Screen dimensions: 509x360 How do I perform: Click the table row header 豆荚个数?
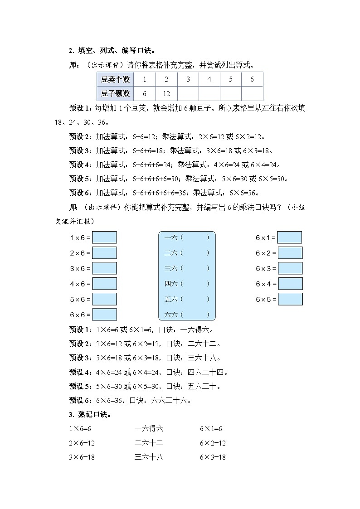(115, 79)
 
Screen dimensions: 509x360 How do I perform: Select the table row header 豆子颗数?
(115, 93)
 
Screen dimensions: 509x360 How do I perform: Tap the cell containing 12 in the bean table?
(166, 93)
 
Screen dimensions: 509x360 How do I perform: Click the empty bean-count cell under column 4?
(209, 93)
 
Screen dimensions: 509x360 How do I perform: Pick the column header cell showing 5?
(231, 79)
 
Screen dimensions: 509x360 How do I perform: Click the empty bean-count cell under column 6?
(252, 93)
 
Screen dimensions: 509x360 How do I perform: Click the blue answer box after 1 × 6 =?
(104, 238)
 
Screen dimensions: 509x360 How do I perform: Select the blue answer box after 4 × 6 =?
(104, 284)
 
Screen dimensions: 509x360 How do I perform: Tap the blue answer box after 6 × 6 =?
(104, 315)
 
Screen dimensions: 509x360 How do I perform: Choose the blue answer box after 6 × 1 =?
(290, 238)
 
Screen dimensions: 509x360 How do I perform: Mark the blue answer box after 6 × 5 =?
(290, 299)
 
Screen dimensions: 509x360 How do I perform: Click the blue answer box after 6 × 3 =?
(290, 268)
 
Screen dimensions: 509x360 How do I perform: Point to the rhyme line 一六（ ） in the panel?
(186, 238)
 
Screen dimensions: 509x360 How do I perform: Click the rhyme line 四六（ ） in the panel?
(186, 284)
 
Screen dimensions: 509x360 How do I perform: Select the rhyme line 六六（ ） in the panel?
(186, 315)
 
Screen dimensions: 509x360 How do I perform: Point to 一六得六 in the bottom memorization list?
(149, 428)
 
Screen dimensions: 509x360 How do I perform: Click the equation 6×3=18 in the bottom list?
(213, 457)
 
